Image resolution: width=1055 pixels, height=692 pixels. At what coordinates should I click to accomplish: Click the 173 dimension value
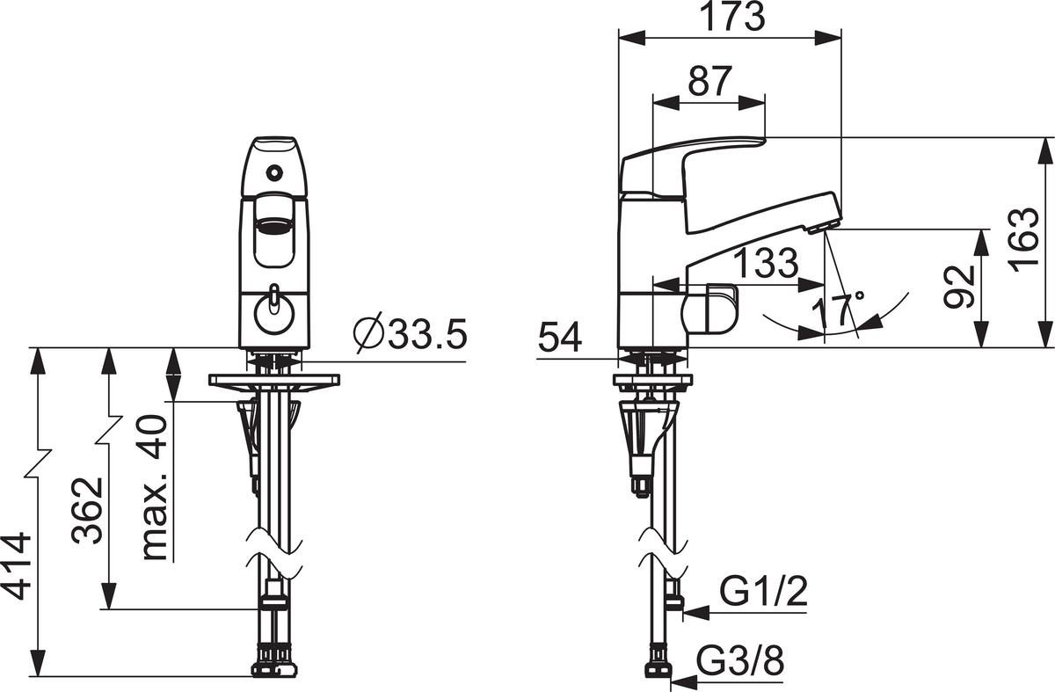click(x=734, y=17)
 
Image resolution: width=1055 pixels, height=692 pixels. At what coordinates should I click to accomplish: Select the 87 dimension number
click(x=709, y=81)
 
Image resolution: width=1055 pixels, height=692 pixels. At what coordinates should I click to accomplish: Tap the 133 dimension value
click(x=767, y=262)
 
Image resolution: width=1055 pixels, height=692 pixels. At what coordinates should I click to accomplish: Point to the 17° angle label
click(x=838, y=310)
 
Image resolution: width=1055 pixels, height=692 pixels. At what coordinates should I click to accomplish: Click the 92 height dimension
click(x=959, y=288)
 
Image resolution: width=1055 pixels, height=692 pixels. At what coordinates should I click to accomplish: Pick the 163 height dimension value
click(x=1024, y=240)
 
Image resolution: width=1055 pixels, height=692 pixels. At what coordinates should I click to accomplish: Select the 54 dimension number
click(x=560, y=338)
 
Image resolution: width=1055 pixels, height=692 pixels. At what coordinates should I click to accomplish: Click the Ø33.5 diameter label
click(x=411, y=333)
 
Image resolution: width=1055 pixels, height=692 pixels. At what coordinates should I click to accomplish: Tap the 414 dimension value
click(x=17, y=566)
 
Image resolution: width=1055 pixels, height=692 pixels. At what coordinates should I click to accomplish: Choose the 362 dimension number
click(x=87, y=511)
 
